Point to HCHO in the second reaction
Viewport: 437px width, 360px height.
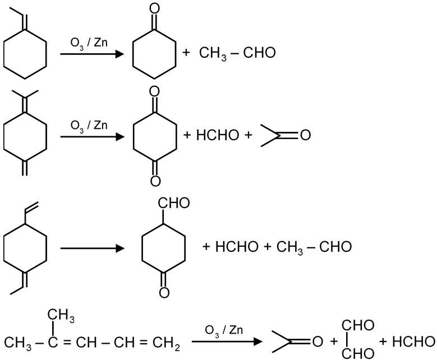point(216,136)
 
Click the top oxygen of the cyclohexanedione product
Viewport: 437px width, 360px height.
point(155,92)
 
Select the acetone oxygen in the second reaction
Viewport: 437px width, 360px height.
point(305,136)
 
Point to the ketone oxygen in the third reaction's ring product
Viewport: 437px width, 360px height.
point(163,291)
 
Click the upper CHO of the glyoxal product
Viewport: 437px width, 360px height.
point(357,326)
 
